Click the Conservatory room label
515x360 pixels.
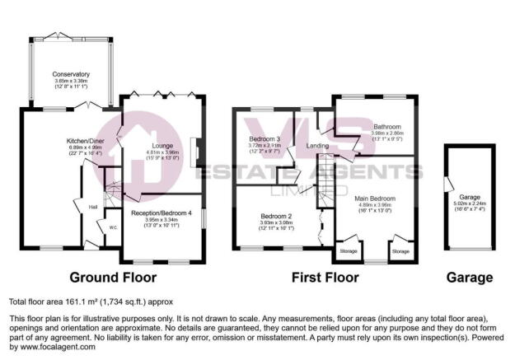pyautogui.click(x=70, y=73)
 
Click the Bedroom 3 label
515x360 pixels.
pyautogui.click(x=266, y=139)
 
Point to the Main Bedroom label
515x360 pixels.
pyautogui.click(x=375, y=199)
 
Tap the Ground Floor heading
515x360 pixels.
pyautogui.click(x=113, y=278)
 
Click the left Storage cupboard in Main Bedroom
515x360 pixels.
pyautogui.click(x=349, y=250)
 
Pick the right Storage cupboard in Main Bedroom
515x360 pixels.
pyautogui.click(x=400, y=250)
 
